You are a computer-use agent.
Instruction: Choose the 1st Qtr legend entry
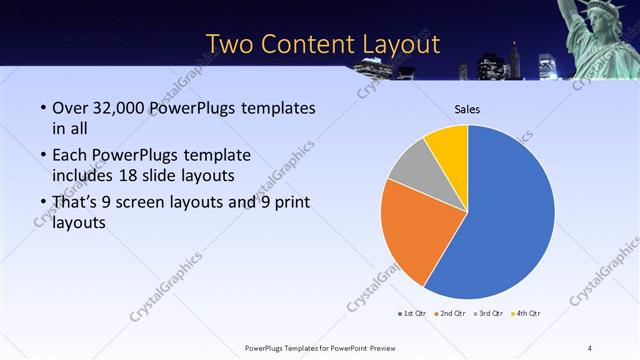pos(414,315)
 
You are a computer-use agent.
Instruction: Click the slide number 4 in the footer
pos(590,348)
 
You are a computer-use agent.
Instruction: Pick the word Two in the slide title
pos(229,44)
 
